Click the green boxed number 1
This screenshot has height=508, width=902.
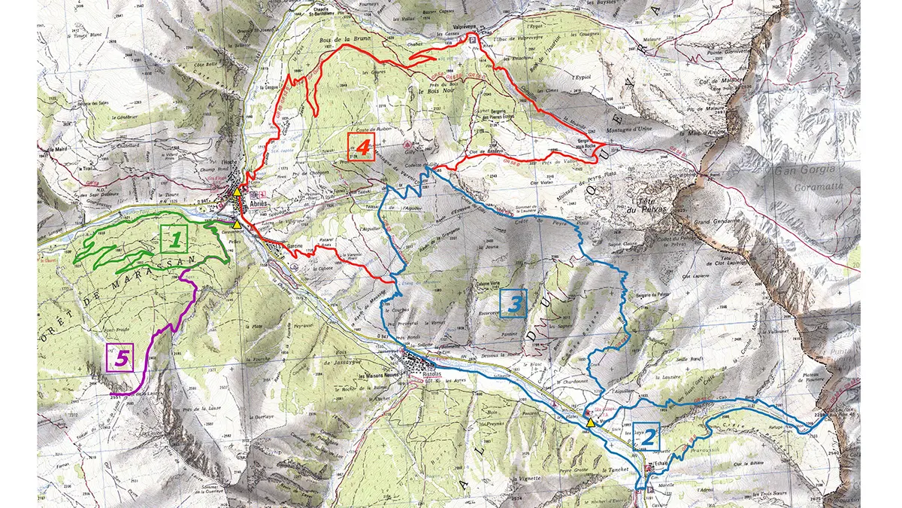(174, 241)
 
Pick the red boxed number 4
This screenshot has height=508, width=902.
(362, 148)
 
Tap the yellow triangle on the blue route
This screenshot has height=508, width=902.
(591, 424)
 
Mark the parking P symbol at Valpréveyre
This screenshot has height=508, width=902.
(472, 38)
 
